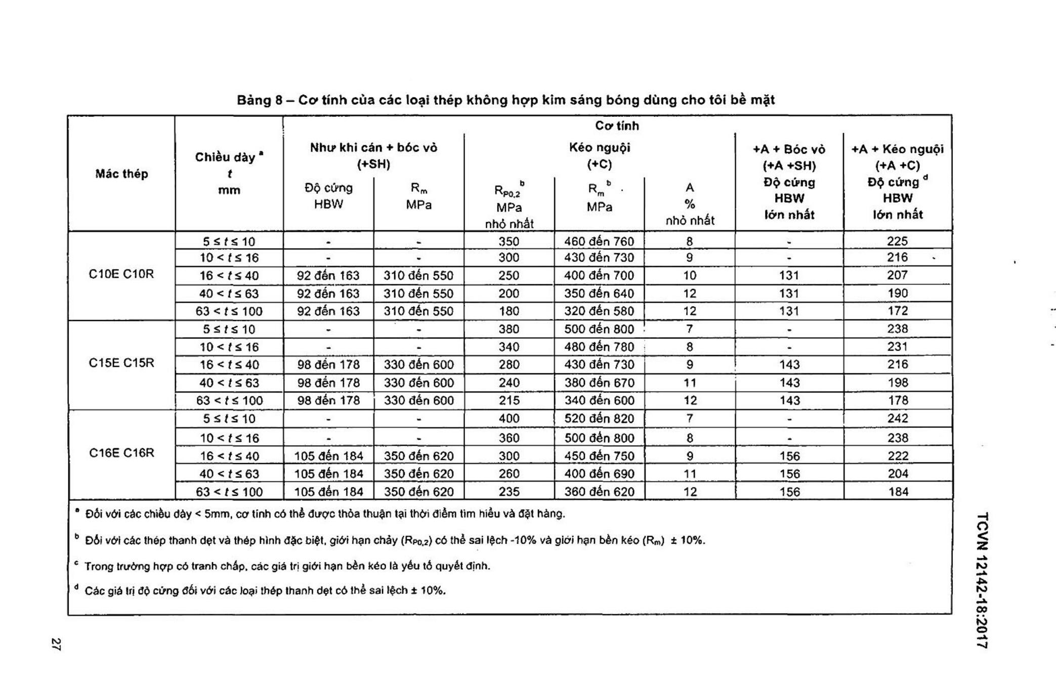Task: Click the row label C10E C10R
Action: click(121, 274)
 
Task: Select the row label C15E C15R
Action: click(121, 363)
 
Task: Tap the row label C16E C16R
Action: click(121, 453)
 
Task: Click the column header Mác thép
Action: click(121, 174)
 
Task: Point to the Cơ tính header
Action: click(617, 125)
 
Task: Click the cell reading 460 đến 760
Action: click(599, 241)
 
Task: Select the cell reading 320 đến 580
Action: click(599, 311)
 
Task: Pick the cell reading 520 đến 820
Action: click(599, 418)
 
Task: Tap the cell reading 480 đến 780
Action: click(599, 347)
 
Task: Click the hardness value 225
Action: click(897, 241)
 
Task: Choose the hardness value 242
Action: click(898, 418)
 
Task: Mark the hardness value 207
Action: click(897, 275)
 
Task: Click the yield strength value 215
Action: click(509, 401)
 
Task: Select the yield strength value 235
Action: click(509, 492)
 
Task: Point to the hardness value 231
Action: click(897, 347)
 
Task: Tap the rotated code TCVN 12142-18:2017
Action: click(982, 580)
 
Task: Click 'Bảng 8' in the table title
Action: click(260, 100)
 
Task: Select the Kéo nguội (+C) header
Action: click(600, 156)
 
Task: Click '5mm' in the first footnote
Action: click(218, 514)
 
